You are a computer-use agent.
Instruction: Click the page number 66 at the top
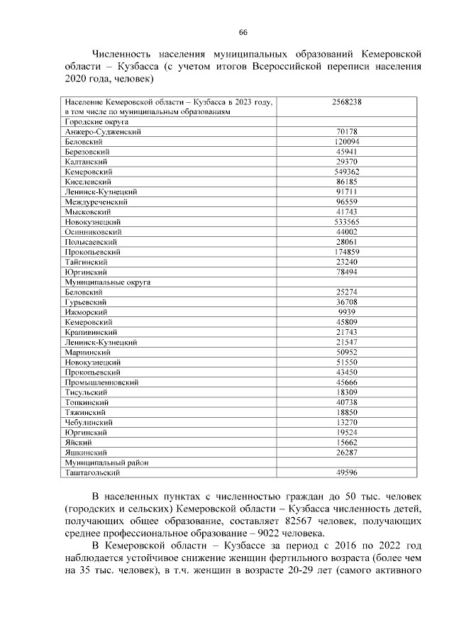click(x=243, y=33)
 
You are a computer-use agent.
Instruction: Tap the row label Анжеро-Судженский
click(x=102, y=132)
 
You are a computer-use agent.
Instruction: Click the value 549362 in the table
click(x=346, y=172)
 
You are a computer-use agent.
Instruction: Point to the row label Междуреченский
click(x=97, y=201)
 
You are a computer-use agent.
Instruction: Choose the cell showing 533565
click(x=346, y=221)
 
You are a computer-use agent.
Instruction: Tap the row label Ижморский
click(x=86, y=311)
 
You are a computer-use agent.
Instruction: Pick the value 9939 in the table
click(x=346, y=311)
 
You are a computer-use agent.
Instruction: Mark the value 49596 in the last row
click(x=346, y=472)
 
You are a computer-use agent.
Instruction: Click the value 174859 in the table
click(x=346, y=252)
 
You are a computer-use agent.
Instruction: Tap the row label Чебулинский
click(x=89, y=422)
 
